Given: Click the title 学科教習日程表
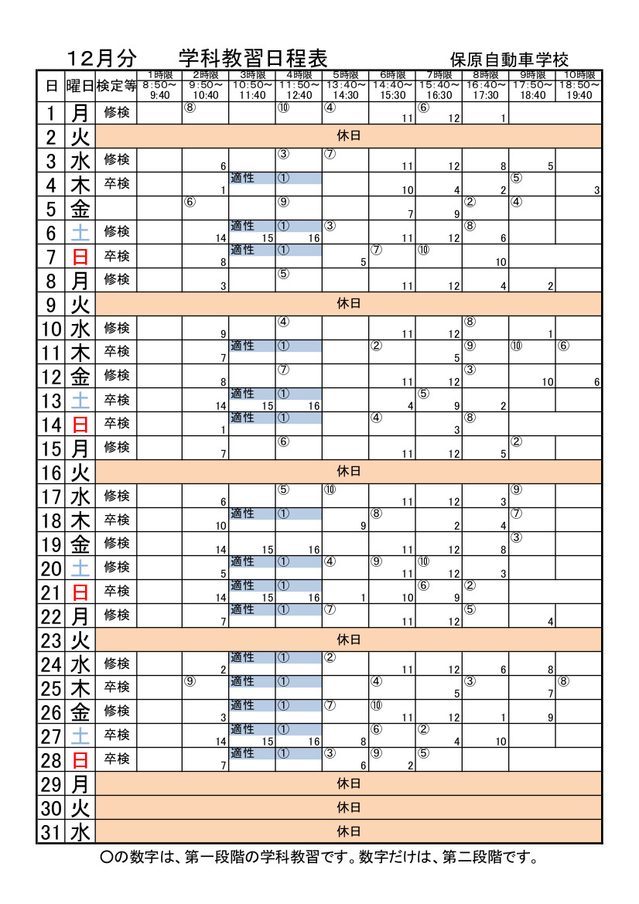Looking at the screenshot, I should click(253, 59).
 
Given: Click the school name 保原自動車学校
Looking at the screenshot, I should click(510, 60).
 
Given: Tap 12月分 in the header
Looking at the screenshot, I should click(101, 59).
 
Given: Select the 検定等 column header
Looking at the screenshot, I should click(117, 86).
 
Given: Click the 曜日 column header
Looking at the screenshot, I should click(80, 86).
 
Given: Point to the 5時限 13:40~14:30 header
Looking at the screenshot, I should click(346, 85).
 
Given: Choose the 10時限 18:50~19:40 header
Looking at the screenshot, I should click(579, 85).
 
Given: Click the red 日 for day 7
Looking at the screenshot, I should click(80, 257).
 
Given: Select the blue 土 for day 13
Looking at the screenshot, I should click(80, 401).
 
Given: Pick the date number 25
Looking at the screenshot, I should click(51, 688).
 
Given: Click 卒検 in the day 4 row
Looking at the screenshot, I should click(117, 184).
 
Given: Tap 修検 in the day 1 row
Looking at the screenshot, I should click(117, 113).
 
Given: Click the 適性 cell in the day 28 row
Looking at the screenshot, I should click(242, 753).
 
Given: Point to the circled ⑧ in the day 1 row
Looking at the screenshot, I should click(189, 107).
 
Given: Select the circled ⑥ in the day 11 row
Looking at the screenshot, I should click(563, 346).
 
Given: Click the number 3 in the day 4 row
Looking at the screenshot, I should click(596, 190).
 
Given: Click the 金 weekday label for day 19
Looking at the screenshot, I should click(80, 544).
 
